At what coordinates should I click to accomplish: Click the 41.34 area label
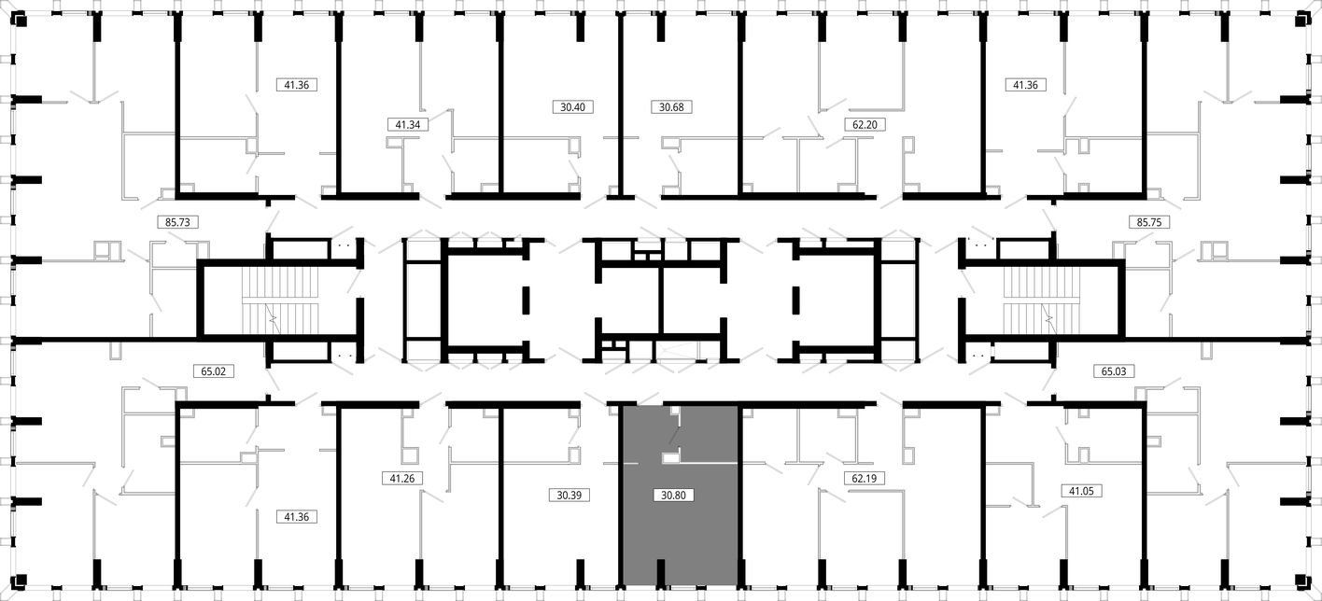(408, 124)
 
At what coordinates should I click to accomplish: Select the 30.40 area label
(572, 106)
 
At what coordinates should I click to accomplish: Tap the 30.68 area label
(671, 106)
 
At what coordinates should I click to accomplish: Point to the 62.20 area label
(865, 124)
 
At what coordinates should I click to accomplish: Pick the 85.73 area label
(177, 222)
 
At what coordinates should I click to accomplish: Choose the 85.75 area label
(1149, 222)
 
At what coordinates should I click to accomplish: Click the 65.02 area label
(214, 371)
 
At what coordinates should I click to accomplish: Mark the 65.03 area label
(1114, 371)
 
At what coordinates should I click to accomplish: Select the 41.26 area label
(401, 479)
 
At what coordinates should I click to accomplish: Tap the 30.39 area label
(570, 495)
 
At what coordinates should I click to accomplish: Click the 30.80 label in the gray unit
(673, 495)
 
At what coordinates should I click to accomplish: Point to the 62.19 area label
(864, 479)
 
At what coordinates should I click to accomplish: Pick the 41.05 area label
(1081, 491)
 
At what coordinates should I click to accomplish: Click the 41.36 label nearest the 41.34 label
(297, 85)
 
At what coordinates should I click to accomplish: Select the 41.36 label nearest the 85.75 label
(1026, 85)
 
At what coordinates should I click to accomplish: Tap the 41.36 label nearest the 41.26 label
(297, 517)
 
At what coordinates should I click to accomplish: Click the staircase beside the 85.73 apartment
(280, 300)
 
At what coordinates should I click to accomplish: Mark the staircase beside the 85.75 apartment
(1042, 300)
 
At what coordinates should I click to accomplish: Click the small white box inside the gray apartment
(670, 457)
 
